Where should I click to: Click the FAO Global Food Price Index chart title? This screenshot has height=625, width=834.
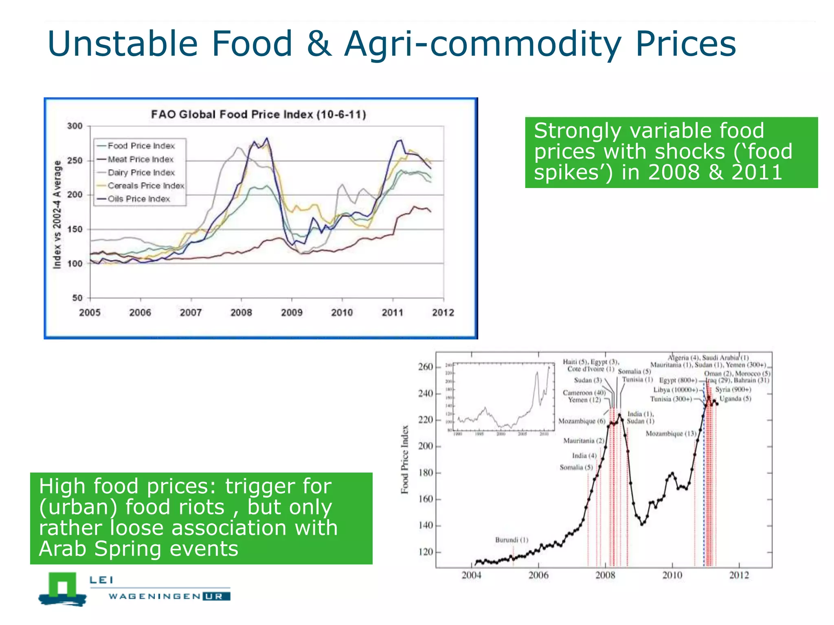click(259, 114)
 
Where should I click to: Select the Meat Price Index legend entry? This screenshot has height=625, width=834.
click(140, 160)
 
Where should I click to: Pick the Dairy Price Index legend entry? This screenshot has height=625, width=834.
click(141, 173)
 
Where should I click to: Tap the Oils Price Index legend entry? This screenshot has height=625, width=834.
click(138, 199)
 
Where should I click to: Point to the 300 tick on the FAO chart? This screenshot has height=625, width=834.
click(75, 126)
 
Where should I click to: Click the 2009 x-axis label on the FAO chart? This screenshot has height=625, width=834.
click(292, 312)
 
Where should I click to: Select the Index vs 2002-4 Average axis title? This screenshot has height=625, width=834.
click(57, 214)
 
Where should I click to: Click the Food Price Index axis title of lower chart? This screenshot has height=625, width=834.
click(405, 459)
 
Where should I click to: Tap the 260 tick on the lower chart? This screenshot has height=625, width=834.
click(426, 367)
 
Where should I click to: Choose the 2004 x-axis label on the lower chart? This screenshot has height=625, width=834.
click(471, 575)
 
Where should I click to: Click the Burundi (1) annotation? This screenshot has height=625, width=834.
click(511, 540)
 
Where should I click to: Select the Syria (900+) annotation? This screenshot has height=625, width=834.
click(733, 389)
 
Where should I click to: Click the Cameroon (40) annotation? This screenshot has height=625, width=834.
click(584, 393)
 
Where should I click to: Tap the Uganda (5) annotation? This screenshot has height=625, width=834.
click(735, 399)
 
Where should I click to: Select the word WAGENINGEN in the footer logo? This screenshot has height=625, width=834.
click(154, 597)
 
